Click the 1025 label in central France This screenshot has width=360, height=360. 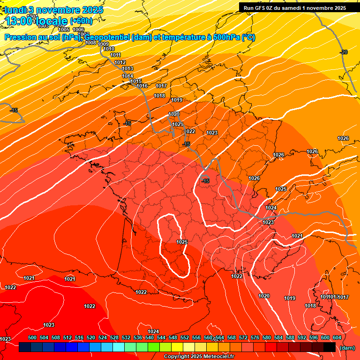click(182, 242)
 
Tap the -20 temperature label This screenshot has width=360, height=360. click(344, 52)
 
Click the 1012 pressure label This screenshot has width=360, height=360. click(120, 62)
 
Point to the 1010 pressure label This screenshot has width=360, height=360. click(109, 49)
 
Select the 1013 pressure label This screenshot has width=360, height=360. click(127, 69)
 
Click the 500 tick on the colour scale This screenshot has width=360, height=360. click(32, 337)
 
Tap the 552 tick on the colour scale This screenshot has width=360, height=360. click(185, 337)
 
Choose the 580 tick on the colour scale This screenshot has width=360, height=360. click(267, 337)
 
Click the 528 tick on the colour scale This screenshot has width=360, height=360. click(114, 337)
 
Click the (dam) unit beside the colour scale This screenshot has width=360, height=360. click(347, 348)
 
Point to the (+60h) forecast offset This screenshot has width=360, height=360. click(81, 21)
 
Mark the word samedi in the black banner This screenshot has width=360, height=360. click(293, 8)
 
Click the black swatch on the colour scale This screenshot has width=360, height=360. click(329, 347)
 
